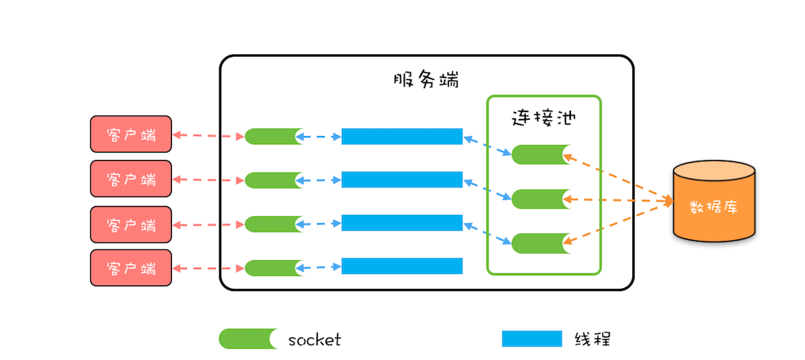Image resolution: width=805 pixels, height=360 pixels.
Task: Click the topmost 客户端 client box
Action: point(130,134)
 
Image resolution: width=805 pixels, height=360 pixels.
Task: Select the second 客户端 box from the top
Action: point(130,178)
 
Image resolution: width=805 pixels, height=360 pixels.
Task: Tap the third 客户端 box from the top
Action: point(130,225)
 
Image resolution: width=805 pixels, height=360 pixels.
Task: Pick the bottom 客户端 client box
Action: point(130,268)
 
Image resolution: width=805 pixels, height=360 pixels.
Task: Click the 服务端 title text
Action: point(426,79)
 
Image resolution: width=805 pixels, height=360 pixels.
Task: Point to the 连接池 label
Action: point(543,118)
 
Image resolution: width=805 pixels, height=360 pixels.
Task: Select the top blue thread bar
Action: point(402,137)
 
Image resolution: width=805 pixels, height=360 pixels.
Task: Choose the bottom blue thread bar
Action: point(402,266)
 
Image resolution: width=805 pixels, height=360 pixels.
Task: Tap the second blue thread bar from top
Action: point(402,180)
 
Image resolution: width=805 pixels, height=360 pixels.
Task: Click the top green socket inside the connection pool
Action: point(540,154)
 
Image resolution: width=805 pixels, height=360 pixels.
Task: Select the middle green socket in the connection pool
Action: point(540,199)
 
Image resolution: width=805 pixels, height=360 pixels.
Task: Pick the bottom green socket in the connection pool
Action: point(540,243)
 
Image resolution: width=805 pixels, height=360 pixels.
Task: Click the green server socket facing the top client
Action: point(274,137)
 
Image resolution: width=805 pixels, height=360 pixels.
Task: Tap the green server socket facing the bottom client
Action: point(274,268)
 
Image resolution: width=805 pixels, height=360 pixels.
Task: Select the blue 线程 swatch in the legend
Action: point(531,339)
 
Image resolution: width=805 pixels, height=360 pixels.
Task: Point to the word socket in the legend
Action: point(314,340)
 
